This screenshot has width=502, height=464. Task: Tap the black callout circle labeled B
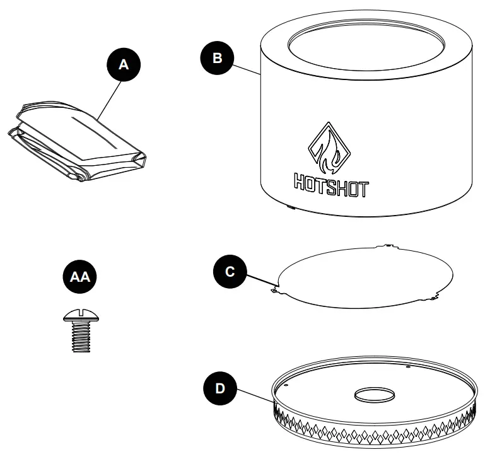(x=217, y=58)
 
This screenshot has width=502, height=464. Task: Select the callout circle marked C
(x=230, y=271)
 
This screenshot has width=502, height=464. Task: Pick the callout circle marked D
(x=219, y=388)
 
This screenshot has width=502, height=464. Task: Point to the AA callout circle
(x=78, y=277)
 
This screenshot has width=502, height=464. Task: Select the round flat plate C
(x=366, y=276)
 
